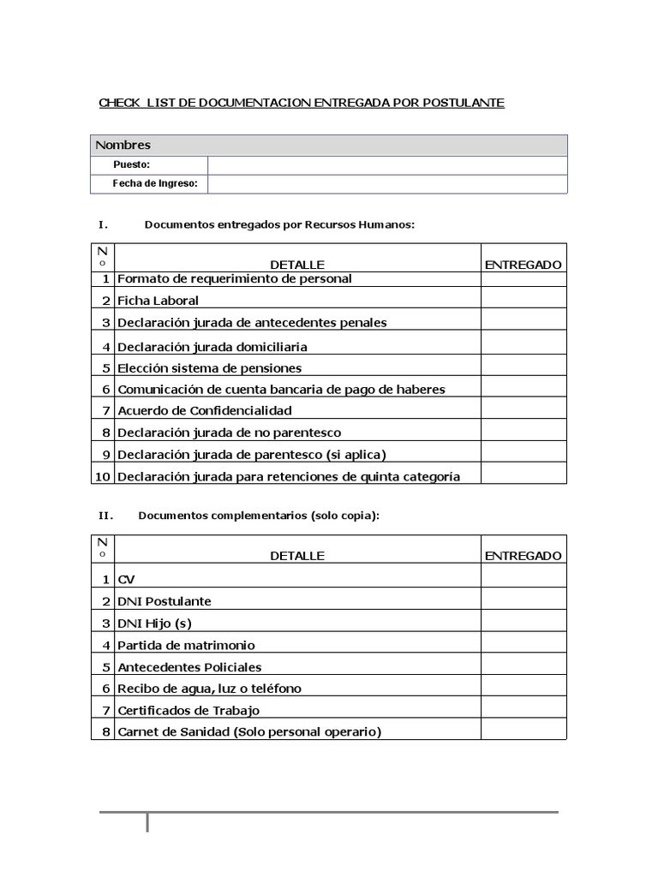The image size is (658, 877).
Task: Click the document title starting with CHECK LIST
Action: click(302, 103)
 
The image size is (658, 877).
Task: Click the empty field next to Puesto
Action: click(386, 164)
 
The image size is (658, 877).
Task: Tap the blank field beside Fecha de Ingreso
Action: click(386, 184)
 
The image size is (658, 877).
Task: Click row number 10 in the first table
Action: click(103, 476)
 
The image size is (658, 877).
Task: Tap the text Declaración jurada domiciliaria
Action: click(212, 347)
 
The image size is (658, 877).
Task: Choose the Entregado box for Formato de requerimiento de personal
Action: click(523, 278)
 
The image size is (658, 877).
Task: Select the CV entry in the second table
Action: click(126, 580)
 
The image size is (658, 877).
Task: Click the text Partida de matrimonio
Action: click(186, 645)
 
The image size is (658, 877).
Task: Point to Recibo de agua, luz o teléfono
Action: click(209, 689)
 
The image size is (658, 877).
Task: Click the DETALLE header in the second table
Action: click(297, 556)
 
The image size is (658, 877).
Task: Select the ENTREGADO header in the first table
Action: click(523, 265)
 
